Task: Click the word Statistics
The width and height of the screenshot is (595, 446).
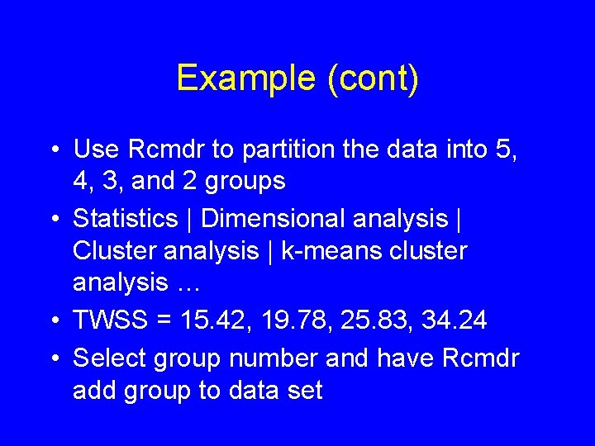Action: pos(125,219)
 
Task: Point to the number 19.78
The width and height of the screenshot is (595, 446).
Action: pos(279,320)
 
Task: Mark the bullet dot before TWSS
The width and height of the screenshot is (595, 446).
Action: pos(54,320)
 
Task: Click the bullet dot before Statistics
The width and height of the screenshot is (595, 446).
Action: pos(54,220)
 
